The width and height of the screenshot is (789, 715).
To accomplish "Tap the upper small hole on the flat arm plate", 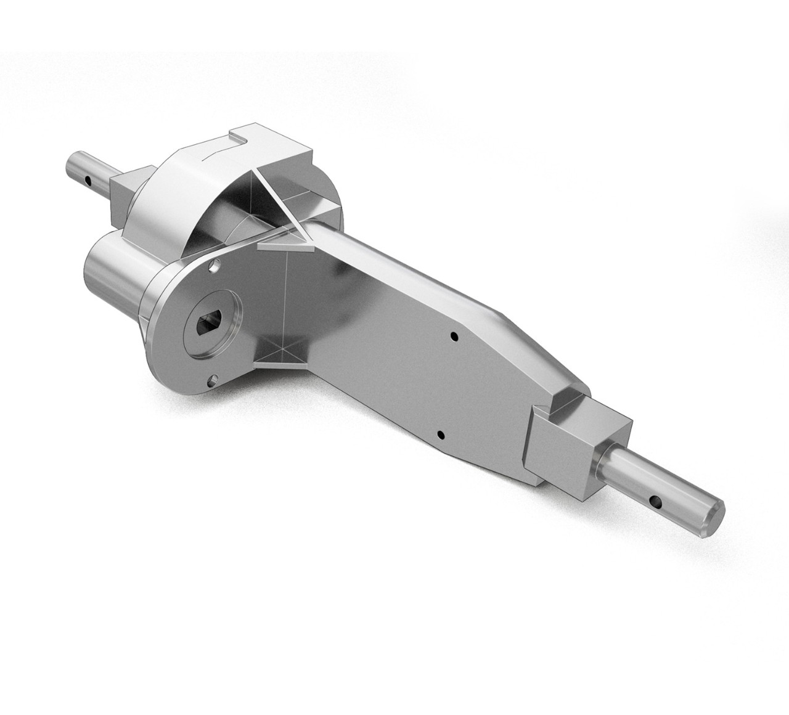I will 454,337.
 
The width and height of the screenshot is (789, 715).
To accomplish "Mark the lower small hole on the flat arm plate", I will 440,434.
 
